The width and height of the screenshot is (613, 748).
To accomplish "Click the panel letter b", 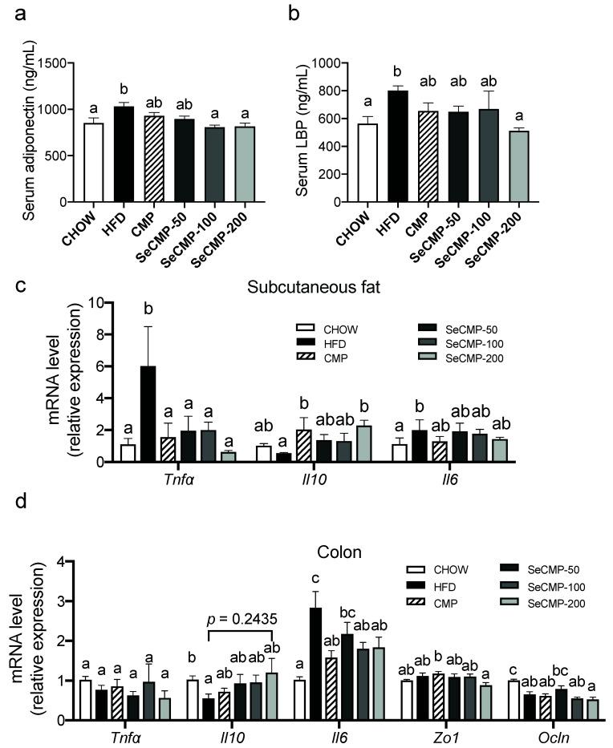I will [315, 13].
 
